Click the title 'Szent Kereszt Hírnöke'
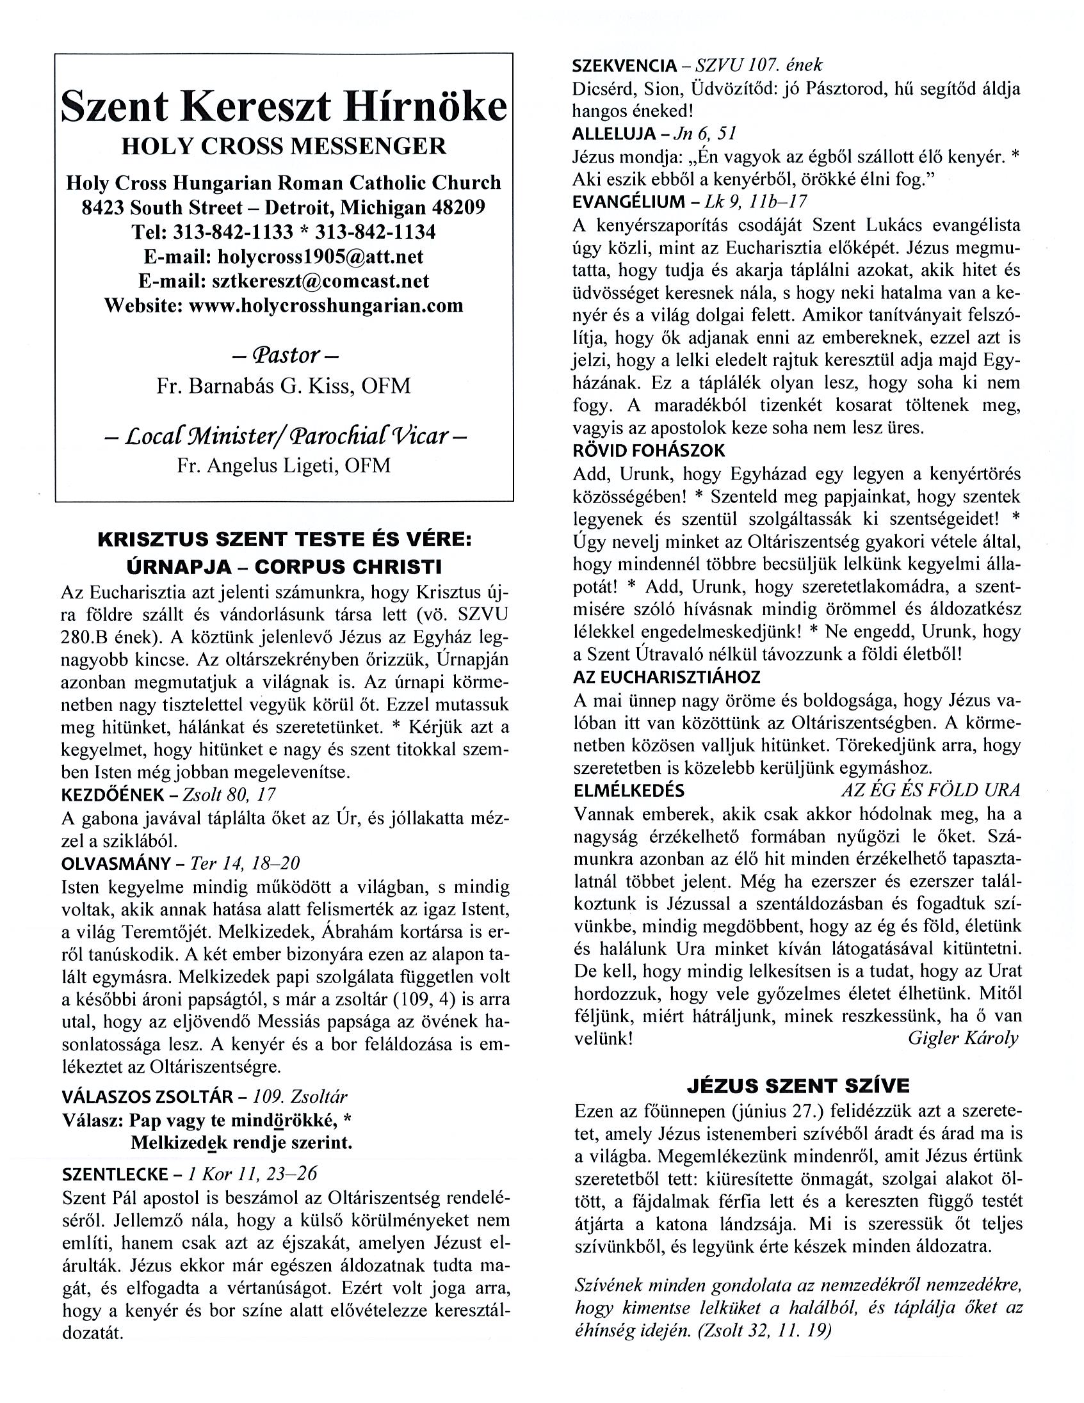tap(284, 107)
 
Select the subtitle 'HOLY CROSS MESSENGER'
tap(284, 147)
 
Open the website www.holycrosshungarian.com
tap(326, 305)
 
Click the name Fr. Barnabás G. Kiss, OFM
tap(284, 385)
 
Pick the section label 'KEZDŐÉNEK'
tap(113, 795)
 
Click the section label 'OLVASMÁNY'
tap(117, 863)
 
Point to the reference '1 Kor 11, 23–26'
tap(252, 1174)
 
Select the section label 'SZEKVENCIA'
tap(624, 65)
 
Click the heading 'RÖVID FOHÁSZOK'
tap(649, 451)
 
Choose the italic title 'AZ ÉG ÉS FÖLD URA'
tap(930, 790)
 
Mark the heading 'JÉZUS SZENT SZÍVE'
tap(798, 1085)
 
